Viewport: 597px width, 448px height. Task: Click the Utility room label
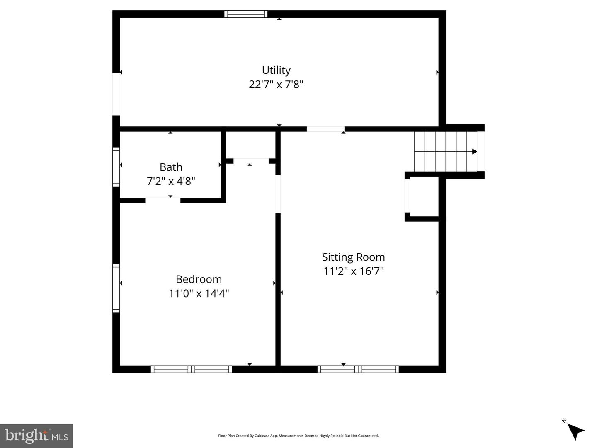point(276,70)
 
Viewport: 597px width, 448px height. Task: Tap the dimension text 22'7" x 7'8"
point(276,85)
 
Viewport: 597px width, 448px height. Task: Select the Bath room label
point(171,167)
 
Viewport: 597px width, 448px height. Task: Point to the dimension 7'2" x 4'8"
point(171,181)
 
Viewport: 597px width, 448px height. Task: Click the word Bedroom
point(199,279)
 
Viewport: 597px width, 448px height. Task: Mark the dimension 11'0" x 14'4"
point(199,293)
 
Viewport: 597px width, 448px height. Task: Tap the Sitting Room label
point(353,257)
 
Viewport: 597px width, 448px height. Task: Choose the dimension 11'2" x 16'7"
point(353,271)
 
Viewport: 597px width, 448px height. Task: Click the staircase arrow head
point(475,152)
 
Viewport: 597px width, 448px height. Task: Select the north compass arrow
point(575,431)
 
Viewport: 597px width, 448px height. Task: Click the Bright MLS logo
point(36,436)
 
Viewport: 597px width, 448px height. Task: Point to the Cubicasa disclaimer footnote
point(298,436)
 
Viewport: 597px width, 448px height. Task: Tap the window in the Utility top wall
point(246,14)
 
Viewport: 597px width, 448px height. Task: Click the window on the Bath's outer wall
point(116,167)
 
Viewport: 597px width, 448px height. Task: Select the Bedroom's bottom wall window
point(191,369)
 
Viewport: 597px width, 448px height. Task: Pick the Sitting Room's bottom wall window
point(358,369)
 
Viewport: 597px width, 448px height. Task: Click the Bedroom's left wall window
point(116,288)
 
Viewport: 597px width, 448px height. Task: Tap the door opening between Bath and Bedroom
point(163,201)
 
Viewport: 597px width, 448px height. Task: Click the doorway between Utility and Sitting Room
point(325,129)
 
